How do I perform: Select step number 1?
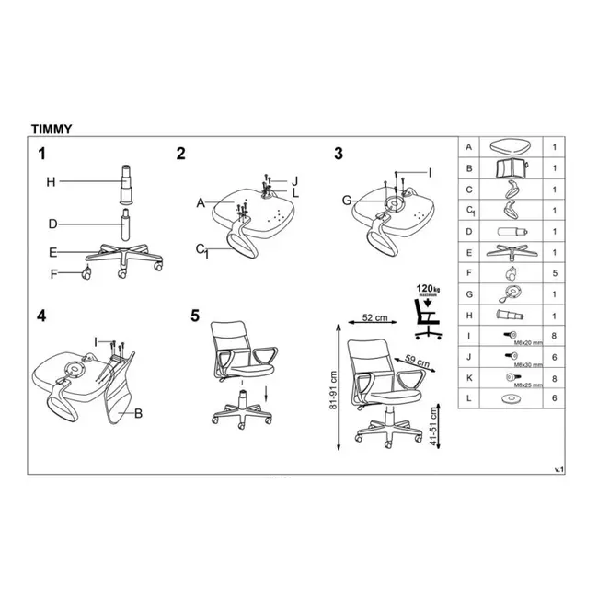pos(40,153)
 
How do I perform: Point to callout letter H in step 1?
pos(52,182)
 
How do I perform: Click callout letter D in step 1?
pos(52,224)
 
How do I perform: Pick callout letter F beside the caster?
pos(53,272)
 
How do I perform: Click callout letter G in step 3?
pos(346,200)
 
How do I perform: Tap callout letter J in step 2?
pos(295,180)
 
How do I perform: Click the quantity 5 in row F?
pos(554,272)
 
